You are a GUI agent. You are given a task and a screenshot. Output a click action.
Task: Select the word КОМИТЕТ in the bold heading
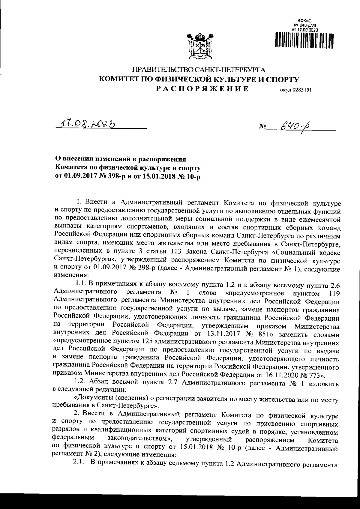click(x=121, y=79)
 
